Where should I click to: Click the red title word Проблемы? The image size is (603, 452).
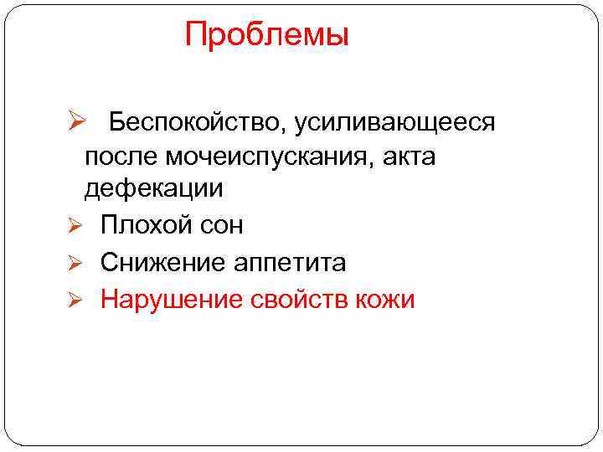(266, 35)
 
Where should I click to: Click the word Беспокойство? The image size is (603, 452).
(194, 123)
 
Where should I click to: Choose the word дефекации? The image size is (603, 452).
(153, 188)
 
